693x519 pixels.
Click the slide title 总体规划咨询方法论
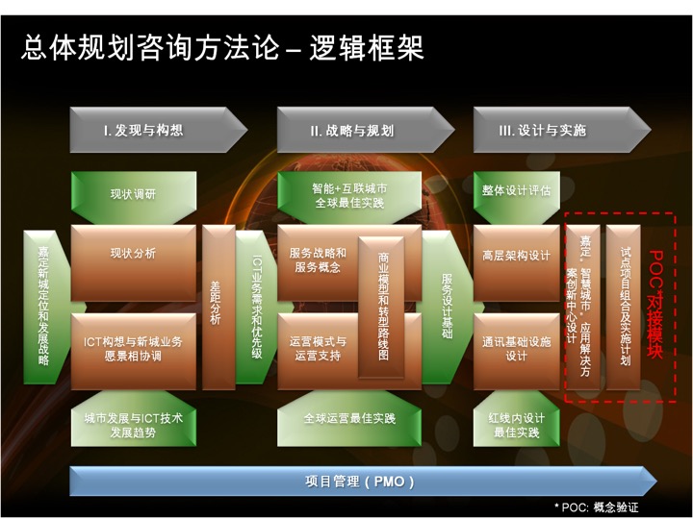click(150, 48)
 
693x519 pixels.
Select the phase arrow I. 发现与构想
click(158, 130)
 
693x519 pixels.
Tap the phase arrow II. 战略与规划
click(366, 130)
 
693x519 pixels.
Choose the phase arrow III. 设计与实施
click(562, 130)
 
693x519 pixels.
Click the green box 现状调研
click(134, 197)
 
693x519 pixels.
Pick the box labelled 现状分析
click(134, 263)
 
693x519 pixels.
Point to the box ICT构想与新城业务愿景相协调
click(134, 352)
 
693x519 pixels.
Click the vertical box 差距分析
click(218, 308)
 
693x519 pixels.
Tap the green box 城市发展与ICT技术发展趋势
click(134, 419)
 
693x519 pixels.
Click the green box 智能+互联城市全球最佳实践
click(349, 197)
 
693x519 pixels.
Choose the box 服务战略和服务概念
click(318, 263)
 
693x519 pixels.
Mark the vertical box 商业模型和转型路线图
click(381, 308)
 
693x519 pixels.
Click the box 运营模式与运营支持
click(318, 352)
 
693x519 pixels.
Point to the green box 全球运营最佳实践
click(349, 419)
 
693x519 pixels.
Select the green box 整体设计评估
click(517, 197)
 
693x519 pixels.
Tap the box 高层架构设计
click(517, 263)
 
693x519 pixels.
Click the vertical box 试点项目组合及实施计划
click(623, 308)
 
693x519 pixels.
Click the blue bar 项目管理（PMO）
click(363, 482)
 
